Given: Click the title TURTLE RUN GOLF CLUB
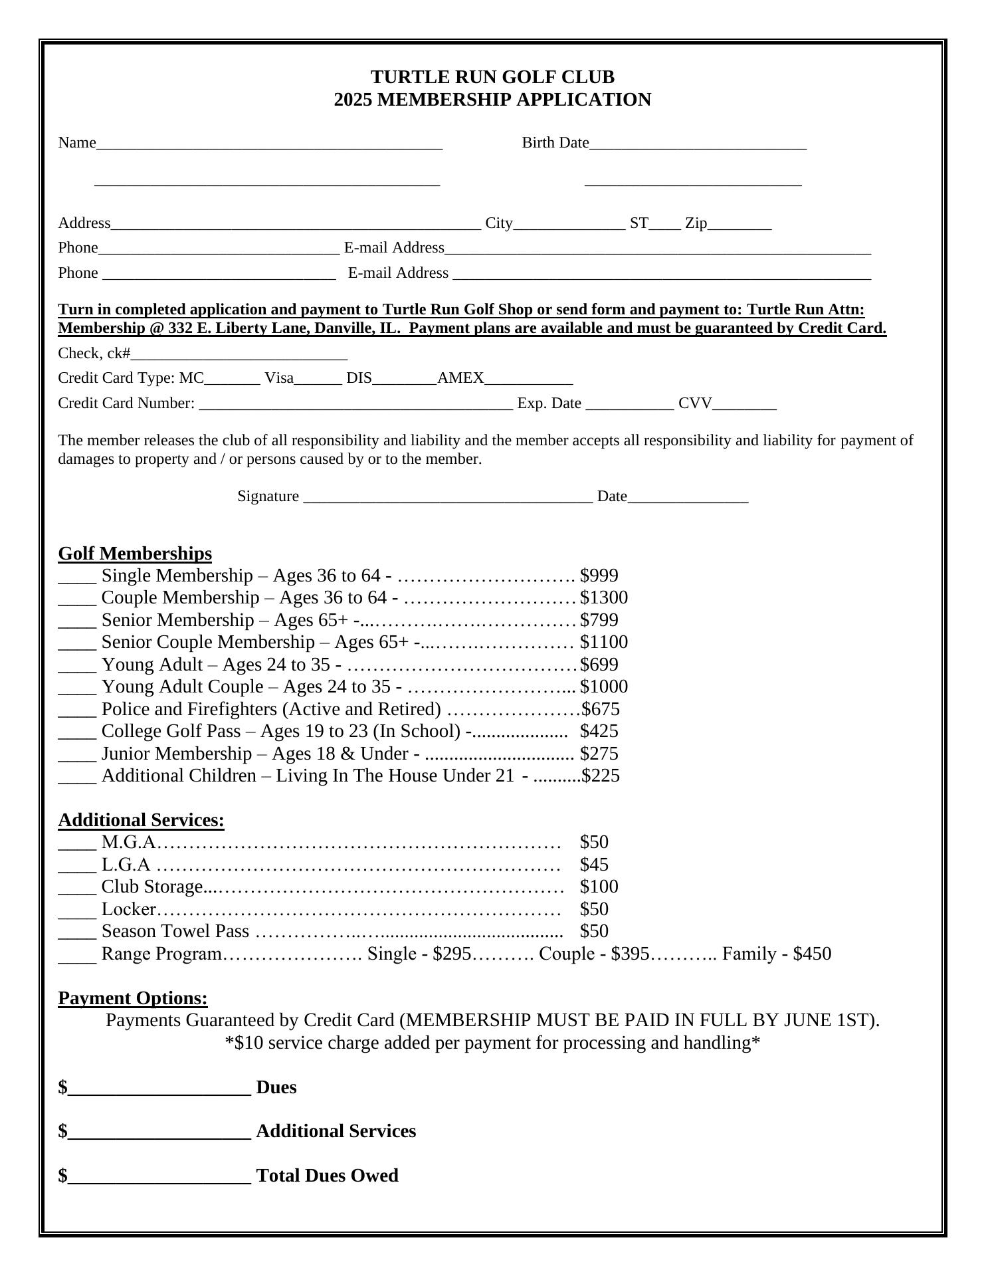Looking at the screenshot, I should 492,77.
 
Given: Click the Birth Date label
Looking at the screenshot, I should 555,143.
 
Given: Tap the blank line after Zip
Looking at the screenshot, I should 739,225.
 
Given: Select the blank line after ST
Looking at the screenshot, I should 665,225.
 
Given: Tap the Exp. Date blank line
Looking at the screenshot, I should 629,405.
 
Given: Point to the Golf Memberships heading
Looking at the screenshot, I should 135,554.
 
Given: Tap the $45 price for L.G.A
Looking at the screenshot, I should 594,865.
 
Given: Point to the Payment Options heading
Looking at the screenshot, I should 133,998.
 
